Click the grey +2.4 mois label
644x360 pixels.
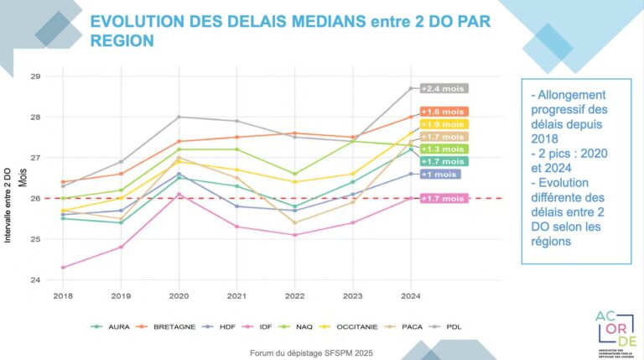click(443, 88)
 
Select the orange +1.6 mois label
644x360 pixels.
click(443, 112)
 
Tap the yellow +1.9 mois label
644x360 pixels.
click(443, 124)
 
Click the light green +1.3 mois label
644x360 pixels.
click(443, 149)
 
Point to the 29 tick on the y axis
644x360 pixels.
click(35, 76)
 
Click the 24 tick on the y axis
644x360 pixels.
click(35, 279)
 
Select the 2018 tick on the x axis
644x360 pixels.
click(62, 295)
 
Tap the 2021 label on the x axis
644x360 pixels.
click(236, 295)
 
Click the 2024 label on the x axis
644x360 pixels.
click(410, 295)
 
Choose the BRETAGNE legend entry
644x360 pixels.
click(173, 326)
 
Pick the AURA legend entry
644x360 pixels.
click(117, 326)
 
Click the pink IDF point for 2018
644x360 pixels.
click(62, 268)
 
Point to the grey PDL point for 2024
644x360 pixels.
click(410, 88)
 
